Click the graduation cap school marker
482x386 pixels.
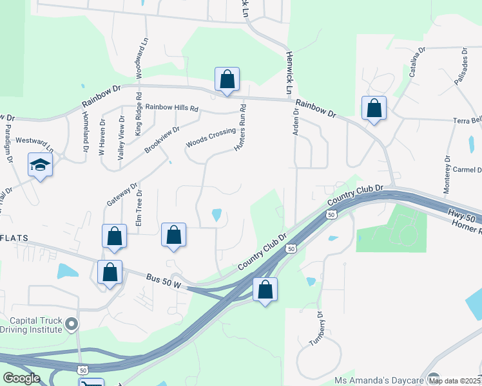coord(40,166)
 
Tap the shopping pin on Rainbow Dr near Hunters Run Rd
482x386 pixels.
coord(227,80)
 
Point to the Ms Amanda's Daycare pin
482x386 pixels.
coord(432,378)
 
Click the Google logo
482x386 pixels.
coord(21,378)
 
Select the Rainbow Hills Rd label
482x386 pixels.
coord(171,107)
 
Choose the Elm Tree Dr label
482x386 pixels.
coord(139,208)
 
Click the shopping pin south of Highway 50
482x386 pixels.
coord(265,290)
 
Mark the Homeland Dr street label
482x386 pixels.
coord(85,131)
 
